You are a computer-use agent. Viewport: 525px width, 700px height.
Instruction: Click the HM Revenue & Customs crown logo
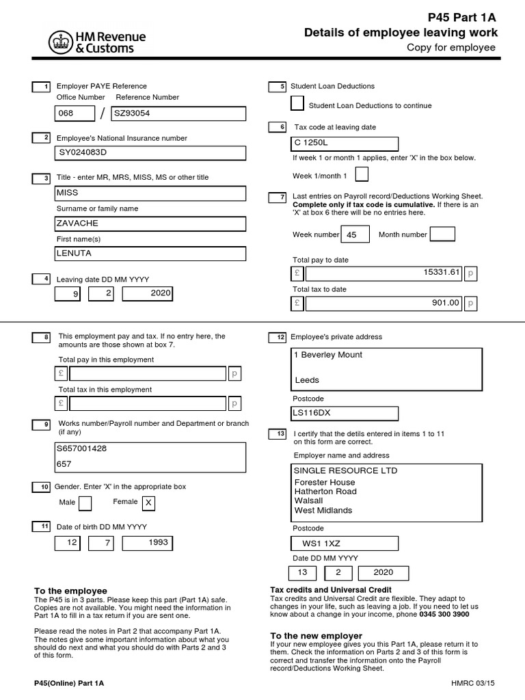[x=60, y=43]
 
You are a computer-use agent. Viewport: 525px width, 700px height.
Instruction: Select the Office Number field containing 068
[x=75, y=113]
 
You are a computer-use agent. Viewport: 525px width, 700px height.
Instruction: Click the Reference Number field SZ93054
[x=177, y=113]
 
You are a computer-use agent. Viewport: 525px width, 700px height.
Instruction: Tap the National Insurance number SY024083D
[x=150, y=152]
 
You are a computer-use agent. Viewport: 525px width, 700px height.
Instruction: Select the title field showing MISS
[x=150, y=193]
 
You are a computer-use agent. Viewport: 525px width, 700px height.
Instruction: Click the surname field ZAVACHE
[x=150, y=224]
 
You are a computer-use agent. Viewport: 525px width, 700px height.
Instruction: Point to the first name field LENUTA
[x=150, y=254]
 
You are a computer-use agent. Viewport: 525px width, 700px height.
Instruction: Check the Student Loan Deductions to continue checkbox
[x=297, y=104]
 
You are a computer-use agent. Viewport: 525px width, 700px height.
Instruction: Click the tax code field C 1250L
[x=345, y=144]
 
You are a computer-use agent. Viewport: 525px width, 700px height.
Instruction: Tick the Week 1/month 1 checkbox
[x=362, y=175]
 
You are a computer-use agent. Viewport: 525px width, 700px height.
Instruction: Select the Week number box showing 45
[x=355, y=234]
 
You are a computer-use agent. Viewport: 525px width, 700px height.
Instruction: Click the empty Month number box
[x=442, y=234]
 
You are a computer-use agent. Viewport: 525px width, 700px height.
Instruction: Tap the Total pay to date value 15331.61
[x=383, y=273]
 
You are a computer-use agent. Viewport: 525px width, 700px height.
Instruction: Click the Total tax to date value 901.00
[x=383, y=303]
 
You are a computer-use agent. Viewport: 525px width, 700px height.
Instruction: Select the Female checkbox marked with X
[x=148, y=504]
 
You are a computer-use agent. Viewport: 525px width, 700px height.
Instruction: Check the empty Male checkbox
[x=85, y=504]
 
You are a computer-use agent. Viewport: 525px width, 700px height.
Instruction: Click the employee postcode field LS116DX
[x=345, y=413]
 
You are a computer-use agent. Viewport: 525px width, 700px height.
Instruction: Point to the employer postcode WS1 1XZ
[x=345, y=543]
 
